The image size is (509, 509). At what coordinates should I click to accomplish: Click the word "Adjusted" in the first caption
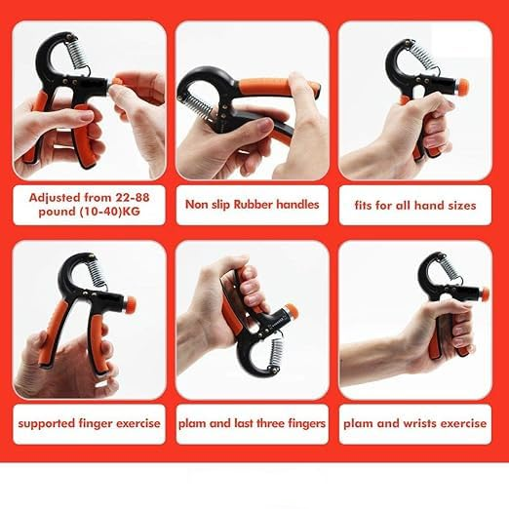(x=56, y=195)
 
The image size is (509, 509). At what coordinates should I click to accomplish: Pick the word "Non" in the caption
(x=195, y=205)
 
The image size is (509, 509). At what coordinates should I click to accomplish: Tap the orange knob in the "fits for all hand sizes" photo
(x=461, y=86)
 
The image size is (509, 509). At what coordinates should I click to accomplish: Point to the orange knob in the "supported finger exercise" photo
(x=129, y=304)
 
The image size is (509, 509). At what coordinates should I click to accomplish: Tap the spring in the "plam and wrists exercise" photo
(x=448, y=268)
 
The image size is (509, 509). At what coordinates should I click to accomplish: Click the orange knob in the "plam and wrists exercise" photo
(x=484, y=294)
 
